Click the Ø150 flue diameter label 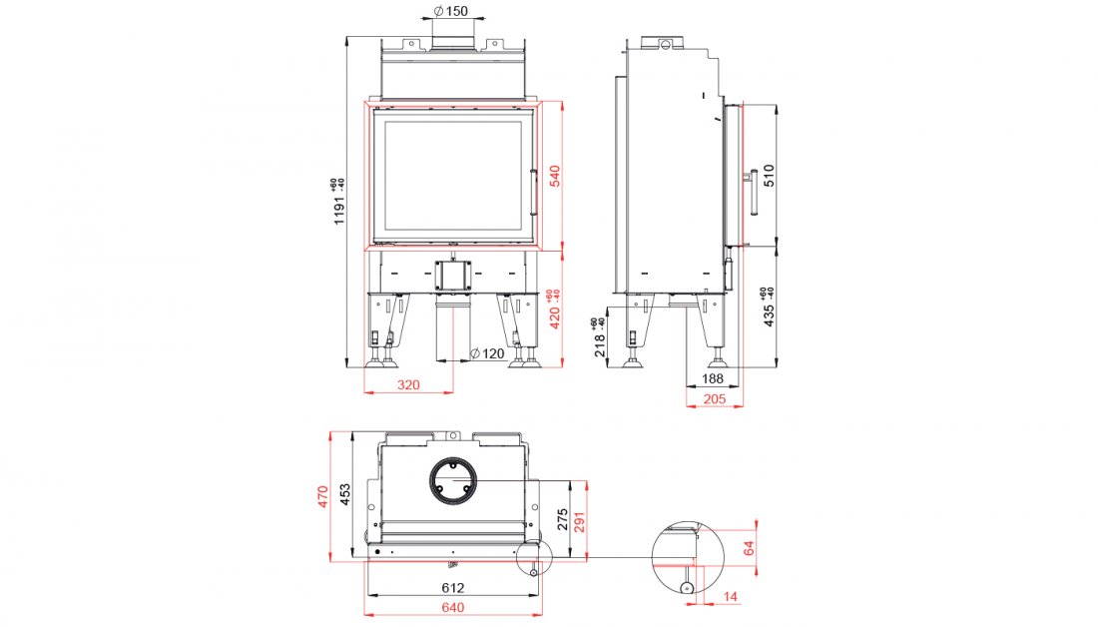(451, 12)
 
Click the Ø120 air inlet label (487, 354)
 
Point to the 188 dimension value (712, 378)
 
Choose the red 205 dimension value (712, 399)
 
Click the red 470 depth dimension (323, 496)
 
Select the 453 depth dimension (344, 496)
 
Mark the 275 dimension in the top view (562, 519)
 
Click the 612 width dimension (454, 589)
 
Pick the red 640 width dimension (454, 607)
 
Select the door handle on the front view (535, 192)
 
